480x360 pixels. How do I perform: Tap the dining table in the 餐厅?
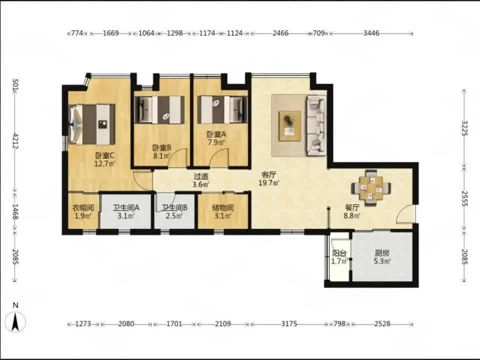click(x=371, y=187)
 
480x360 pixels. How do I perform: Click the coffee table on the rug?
click(x=289, y=126)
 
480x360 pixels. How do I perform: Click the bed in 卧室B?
click(x=159, y=110)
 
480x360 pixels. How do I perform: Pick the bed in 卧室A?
click(x=222, y=109)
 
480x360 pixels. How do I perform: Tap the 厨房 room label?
click(x=382, y=253)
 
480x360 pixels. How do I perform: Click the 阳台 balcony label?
click(x=339, y=253)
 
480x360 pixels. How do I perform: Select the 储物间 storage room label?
click(x=223, y=208)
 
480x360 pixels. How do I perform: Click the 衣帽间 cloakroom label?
click(x=82, y=208)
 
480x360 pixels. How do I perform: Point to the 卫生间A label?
click(x=126, y=208)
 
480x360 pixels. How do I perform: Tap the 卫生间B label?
click(x=174, y=208)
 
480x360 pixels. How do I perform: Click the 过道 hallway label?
click(x=201, y=176)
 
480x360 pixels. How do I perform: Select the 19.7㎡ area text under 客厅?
click(x=269, y=183)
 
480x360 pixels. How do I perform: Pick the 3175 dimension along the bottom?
click(x=289, y=323)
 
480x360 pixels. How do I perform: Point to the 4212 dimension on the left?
click(x=15, y=141)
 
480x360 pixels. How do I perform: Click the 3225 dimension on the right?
click(x=464, y=128)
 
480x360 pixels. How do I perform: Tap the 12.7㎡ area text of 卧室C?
click(x=104, y=163)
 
